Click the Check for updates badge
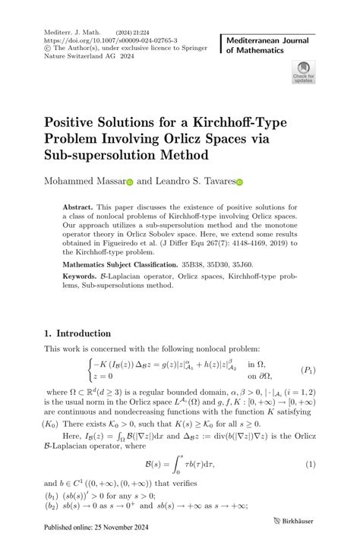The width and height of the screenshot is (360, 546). [x=303, y=74]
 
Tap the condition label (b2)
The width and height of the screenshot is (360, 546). [x=53, y=505]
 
